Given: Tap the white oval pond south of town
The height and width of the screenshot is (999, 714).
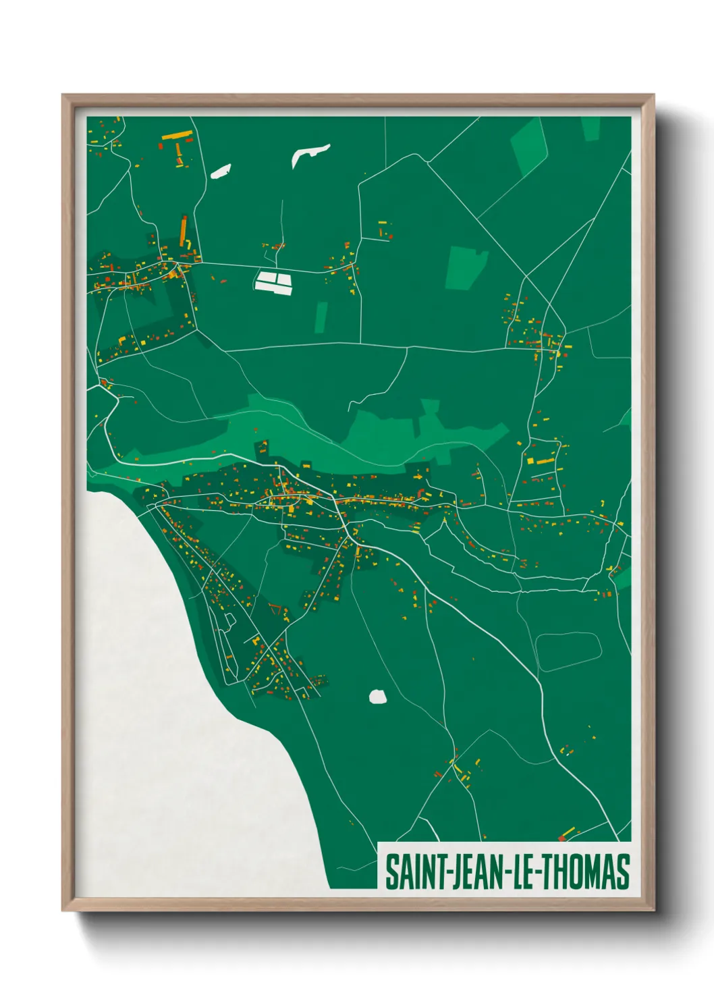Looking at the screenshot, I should pyautogui.click(x=378, y=697).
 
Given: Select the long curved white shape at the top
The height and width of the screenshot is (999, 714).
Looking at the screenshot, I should pyautogui.click(x=310, y=154).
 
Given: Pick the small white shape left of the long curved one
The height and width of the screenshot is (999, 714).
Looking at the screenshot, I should pyautogui.click(x=221, y=171).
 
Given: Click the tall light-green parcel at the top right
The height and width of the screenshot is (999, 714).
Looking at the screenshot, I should pyautogui.click(x=530, y=144).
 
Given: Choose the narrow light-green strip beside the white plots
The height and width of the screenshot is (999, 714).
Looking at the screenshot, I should pyautogui.click(x=322, y=317).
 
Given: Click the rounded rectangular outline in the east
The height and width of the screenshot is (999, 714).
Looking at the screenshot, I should pyautogui.click(x=568, y=651).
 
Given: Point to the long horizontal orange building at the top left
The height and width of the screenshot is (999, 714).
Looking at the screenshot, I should pyautogui.click(x=177, y=135).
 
